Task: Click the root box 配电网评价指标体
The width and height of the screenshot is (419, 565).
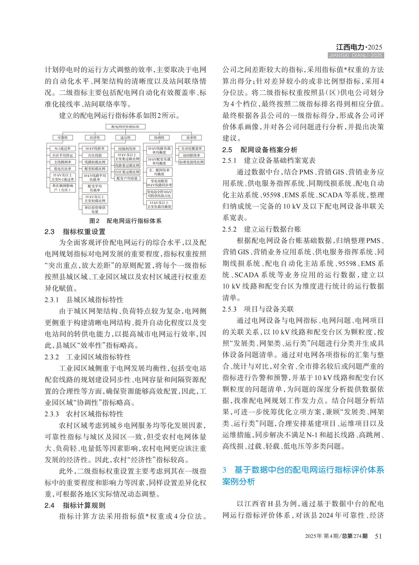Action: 125,127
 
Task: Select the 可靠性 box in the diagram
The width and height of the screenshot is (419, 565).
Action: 63,138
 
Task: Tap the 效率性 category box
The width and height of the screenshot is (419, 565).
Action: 192,138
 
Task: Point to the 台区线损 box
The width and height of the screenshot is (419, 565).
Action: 95,155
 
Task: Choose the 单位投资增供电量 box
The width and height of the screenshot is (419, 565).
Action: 95,209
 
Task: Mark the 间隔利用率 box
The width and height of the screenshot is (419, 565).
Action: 127,149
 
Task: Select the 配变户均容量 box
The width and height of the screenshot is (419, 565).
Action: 127,179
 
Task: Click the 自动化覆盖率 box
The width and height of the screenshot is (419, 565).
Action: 192,149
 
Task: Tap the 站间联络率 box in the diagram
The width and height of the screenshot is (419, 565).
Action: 192,155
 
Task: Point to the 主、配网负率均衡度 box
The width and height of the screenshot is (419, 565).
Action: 159,172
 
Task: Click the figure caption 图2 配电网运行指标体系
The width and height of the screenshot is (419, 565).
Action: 125,221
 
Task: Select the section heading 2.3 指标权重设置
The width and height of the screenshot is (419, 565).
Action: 75,232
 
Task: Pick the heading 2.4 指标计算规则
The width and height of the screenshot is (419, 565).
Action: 75,505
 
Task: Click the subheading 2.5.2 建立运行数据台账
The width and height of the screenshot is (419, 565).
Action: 262,229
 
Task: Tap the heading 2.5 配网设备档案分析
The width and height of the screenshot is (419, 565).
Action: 260,150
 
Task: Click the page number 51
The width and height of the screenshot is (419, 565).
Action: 378,536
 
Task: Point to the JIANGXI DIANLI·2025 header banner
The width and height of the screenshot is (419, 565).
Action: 356,55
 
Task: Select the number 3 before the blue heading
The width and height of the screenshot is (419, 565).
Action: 224,470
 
